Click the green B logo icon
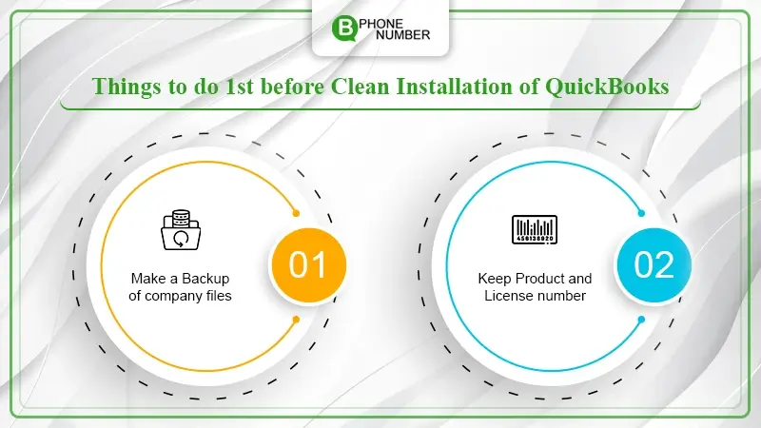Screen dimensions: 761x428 pos(344,28)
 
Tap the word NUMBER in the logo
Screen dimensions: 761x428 pos(402,35)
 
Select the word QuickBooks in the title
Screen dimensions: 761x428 pos(607,87)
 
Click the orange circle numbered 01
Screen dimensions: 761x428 pos(308,265)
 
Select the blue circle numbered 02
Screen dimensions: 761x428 pos(654,265)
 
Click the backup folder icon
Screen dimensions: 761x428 pos(181,230)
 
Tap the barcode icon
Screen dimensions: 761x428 pos(535,229)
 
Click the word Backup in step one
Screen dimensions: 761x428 pos(205,279)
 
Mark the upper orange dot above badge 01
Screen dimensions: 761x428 pos(296,213)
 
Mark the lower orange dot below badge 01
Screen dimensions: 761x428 pos(296,320)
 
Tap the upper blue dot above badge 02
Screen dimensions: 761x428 pos(641,213)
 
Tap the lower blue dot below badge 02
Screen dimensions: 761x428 pos(641,320)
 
